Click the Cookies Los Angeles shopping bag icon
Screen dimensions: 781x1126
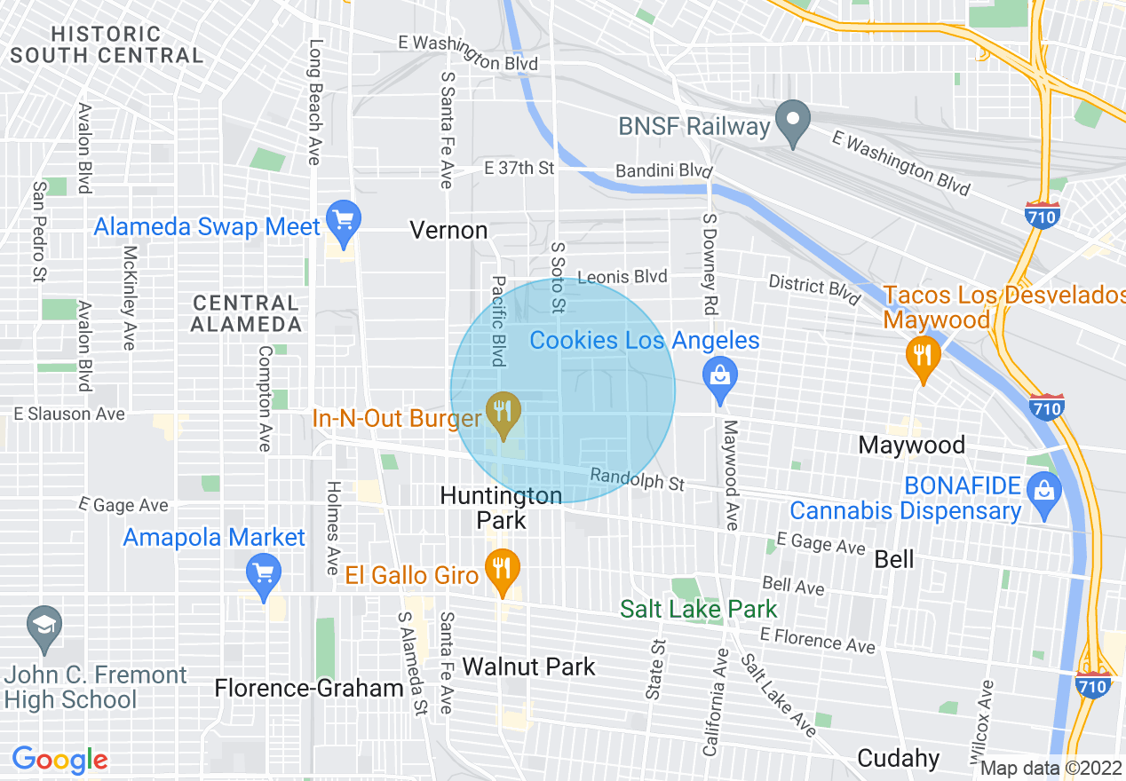(720, 375)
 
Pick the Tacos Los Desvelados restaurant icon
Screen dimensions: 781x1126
(924, 357)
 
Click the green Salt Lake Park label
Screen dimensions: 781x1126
(698, 609)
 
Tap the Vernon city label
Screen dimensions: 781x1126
(448, 231)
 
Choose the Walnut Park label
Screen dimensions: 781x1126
(528, 667)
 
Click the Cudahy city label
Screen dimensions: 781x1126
(899, 758)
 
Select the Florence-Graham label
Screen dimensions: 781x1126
(309, 688)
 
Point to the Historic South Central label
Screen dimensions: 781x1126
(107, 44)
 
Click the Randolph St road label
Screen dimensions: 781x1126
(638, 480)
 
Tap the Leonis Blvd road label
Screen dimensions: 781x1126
(622, 277)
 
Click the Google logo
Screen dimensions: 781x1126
(59, 760)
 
